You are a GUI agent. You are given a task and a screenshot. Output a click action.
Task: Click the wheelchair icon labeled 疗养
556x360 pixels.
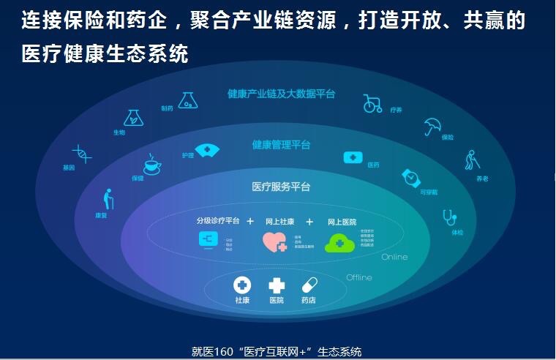[x=372, y=104]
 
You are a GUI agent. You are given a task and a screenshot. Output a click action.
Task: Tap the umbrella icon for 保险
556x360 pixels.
[x=432, y=127]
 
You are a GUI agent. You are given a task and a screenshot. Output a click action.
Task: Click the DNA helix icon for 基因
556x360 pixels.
[x=81, y=154]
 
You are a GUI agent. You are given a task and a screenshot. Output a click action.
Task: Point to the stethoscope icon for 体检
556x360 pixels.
[x=449, y=217]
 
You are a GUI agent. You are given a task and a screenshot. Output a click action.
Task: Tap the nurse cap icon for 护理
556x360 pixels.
[x=208, y=150]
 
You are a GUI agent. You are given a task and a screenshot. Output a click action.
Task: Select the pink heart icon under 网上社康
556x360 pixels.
[x=274, y=242]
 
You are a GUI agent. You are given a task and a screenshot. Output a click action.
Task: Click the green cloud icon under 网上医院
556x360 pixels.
[x=339, y=242]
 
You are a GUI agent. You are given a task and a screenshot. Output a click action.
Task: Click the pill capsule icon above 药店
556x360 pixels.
[x=309, y=285]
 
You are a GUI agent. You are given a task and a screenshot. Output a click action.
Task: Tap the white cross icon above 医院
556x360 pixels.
[x=277, y=285]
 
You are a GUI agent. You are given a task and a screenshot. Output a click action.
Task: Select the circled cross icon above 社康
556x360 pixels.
[x=241, y=285]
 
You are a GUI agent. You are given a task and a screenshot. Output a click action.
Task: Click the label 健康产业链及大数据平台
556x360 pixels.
[x=281, y=94]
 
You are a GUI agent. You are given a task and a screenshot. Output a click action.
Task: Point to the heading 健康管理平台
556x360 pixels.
[x=281, y=145]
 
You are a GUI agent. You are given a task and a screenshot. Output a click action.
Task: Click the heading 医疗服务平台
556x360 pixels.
[x=281, y=187]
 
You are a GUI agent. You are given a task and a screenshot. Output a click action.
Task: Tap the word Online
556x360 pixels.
[x=394, y=258]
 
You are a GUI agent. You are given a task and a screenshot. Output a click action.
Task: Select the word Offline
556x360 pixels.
[x=358, y=277]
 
